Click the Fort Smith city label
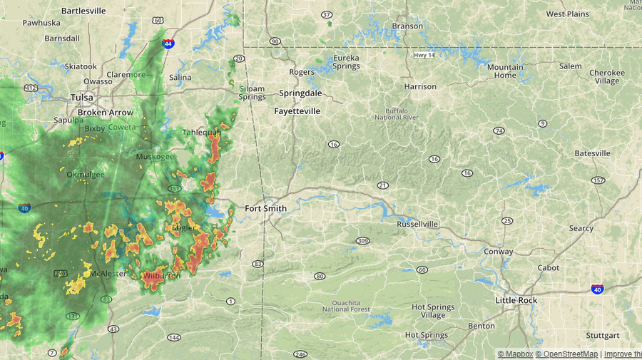pyautogui.click(x=265, y=209)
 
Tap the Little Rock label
pyautogui.click(x=516, y=301)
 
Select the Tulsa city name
pyautogui.click(x=81, y=98)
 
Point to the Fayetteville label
pyautogui.click(x=297, y=111)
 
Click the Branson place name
pyautogui.click(x=407, y=26)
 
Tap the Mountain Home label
pyautogui.click(x=505, y=71)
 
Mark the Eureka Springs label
pyautogui.click(x=346, y=62)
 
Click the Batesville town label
pyautogui.click(x=592, y=153)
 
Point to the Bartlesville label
pyautogui.click(x=83, y=11)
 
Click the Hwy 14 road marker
pyautogui.click(x=424, y=55)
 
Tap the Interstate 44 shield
pyautogui.click(x=168, y=43)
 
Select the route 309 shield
pyautogui.click(x=363, y=241)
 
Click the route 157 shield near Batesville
pyautogui.click(x=598, y=180)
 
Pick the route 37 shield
pyautogui.click(x=327, y=14)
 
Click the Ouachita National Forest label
pyautogui.click(x=346, y=305)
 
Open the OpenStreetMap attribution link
pyautogui.click(x=568, y=354)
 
